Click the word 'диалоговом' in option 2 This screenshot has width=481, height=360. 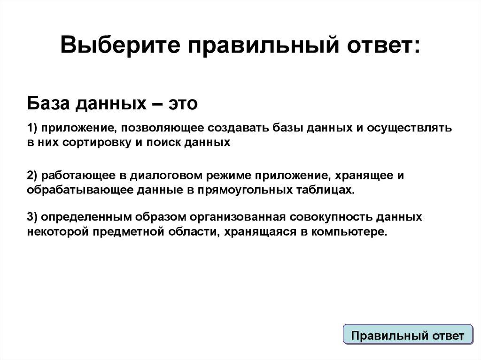click(x=156, y=176)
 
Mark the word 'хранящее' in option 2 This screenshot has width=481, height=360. click(x=362, y=176)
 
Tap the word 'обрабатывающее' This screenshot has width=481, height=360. click(x=73, y=190)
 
